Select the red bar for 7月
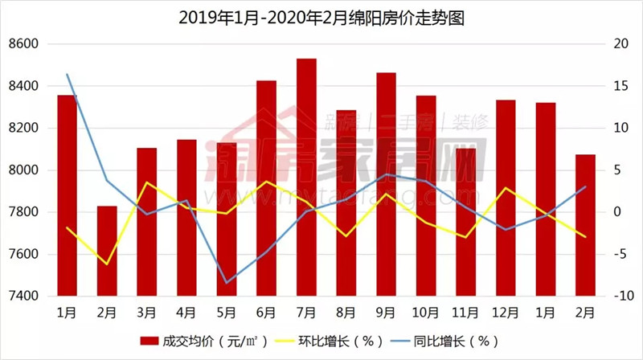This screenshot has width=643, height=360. click(x=306, y=177)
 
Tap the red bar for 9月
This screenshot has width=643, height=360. click(x=386, y=184)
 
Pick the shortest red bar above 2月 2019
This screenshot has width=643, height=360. click(x=107, y=251)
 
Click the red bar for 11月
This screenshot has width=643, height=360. click(x=465, y=222)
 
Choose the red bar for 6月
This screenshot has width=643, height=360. click(x=266, y=188)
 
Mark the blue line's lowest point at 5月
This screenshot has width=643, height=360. click(x=227, y=283)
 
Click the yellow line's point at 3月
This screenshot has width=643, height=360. click(x=146, y=182)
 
